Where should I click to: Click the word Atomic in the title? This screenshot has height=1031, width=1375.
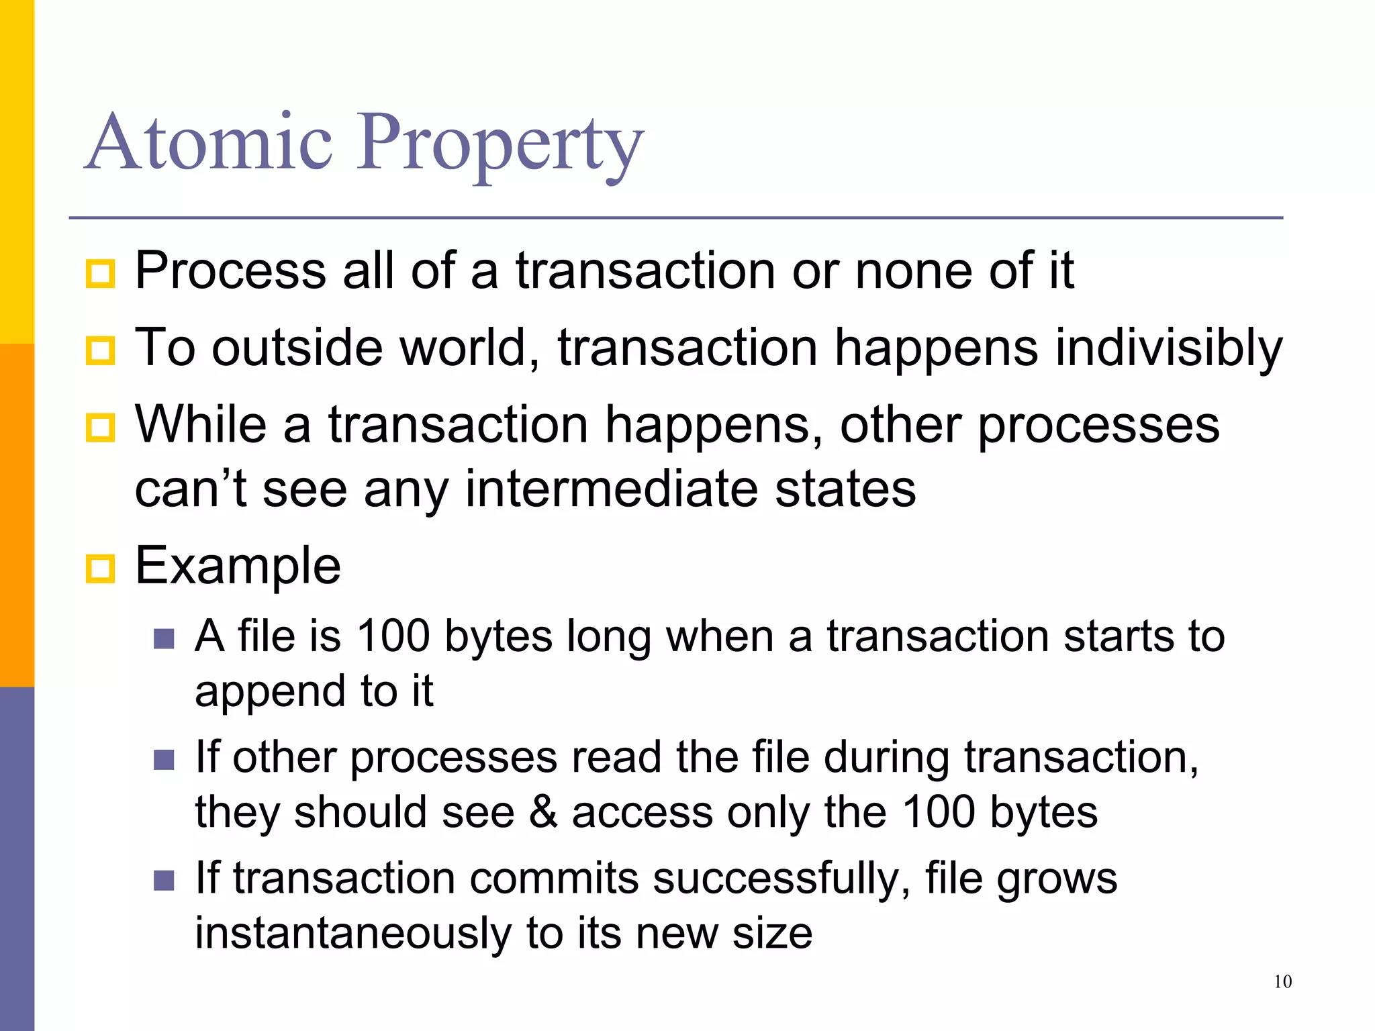point(209,142)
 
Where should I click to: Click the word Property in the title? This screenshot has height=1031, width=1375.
point(500,144)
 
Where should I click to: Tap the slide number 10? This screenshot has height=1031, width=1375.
point(1282,982)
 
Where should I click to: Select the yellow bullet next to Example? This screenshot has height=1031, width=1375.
point(101,569)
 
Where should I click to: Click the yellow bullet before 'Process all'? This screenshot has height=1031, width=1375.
point(101,274)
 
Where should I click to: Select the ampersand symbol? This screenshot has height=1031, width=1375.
point(543,812)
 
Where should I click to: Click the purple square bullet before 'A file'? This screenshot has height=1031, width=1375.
point(164,638)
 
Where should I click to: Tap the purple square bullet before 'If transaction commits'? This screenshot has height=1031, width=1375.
point(164,880)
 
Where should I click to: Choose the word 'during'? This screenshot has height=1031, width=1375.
point(886,758)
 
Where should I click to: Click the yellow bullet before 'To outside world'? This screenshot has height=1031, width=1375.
point(101,350)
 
